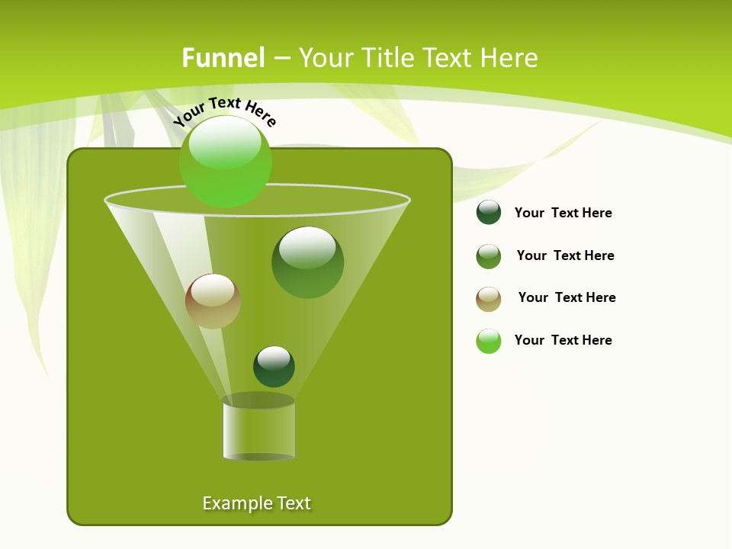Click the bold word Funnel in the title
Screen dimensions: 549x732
223,58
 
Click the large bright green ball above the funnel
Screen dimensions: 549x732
226,162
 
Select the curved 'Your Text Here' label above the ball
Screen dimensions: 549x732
225,111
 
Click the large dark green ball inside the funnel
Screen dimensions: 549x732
308,262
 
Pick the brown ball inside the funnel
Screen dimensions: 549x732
213,301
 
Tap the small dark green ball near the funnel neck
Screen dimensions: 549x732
274,366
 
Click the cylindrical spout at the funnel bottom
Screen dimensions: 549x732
258,429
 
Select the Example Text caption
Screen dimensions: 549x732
257,503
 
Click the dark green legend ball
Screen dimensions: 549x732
489,213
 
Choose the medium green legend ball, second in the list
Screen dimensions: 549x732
489,256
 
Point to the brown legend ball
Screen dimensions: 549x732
489,299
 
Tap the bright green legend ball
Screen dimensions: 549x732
489,341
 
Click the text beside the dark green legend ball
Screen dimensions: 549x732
563,213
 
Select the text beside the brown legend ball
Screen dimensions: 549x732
567,297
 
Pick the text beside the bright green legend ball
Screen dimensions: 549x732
563,340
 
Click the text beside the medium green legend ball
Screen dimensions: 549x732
566,255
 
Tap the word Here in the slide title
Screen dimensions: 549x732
510,58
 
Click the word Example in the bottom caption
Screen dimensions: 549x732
236,503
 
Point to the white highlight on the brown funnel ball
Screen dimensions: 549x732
213,291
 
